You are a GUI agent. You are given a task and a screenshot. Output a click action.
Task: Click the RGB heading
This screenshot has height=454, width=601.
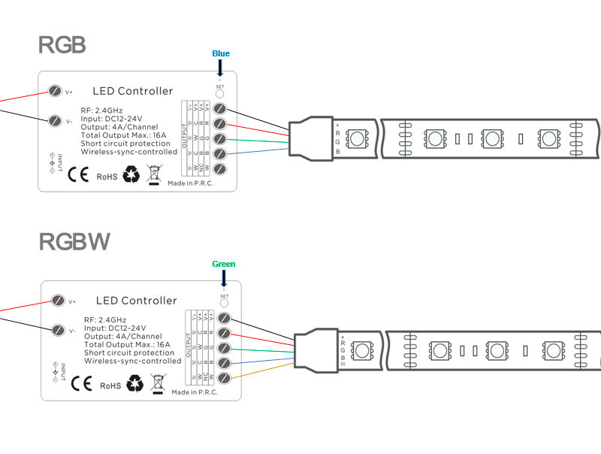62,44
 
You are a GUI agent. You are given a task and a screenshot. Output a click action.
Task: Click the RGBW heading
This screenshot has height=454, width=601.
74,241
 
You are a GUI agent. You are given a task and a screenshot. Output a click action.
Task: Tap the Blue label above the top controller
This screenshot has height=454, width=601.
221,53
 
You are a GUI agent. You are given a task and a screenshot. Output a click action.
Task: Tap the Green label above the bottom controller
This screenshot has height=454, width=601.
223,264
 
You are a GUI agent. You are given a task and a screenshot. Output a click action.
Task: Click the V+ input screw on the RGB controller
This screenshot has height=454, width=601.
55,92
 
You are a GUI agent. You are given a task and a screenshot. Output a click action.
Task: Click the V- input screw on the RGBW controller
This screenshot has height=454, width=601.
59,330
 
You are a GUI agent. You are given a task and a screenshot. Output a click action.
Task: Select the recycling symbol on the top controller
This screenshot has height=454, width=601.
131,175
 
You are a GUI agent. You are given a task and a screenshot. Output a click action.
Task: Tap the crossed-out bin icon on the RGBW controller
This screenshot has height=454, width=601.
158,384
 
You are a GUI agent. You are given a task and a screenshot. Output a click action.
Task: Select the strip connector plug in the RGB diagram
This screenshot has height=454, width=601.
310,135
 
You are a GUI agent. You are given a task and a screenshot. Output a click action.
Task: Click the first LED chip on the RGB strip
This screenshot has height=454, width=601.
359,138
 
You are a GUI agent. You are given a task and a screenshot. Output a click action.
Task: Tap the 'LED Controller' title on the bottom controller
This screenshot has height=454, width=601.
137,301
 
